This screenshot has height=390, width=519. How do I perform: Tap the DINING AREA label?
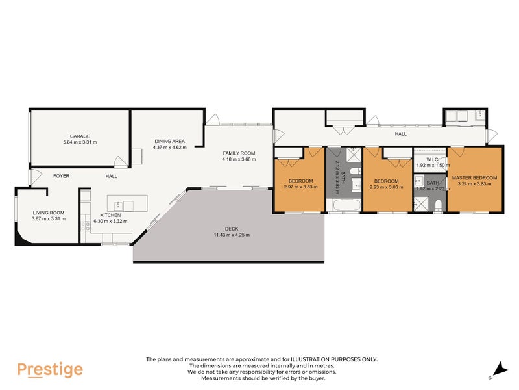point(169,141)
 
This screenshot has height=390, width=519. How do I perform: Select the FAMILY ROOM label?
point(239,153)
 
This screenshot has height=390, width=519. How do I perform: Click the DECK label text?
point(232,229)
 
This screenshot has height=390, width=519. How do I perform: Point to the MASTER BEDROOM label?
point(474,178)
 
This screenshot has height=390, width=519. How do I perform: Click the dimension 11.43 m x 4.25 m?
point(232,235)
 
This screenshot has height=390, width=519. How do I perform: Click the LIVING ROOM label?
point(48,212)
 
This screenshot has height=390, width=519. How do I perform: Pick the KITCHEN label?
point(110,215)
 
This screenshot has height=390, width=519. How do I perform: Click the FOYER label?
point(62,176)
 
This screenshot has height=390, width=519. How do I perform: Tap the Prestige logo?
point(50,370)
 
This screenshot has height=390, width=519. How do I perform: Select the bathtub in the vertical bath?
point(343,207)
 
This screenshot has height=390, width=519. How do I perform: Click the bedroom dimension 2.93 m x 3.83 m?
point(386,186)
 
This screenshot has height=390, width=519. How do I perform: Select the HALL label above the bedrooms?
point(400,134)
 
